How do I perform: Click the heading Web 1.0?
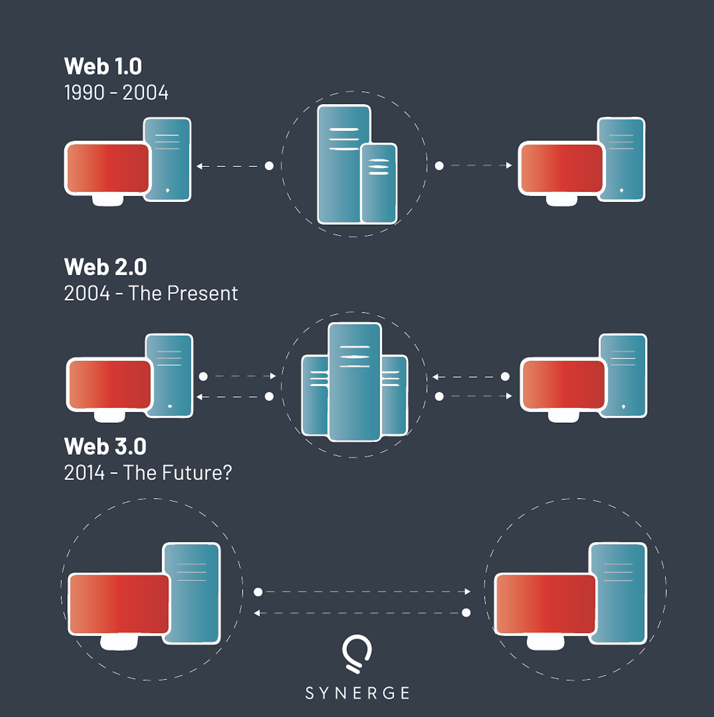coord(103,66)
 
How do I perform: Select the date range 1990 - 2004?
coord(116,93)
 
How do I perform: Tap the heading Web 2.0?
coord(105,267)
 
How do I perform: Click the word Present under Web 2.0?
coord(203,294)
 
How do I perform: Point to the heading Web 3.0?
coord(105,446)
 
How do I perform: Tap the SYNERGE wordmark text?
coord(357,693)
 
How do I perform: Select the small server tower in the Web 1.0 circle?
coord(379,183)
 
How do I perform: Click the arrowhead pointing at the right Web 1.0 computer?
coord(509,165)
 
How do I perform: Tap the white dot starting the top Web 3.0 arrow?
coord(258,592)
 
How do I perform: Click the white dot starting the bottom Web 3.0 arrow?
coord(466,613)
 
